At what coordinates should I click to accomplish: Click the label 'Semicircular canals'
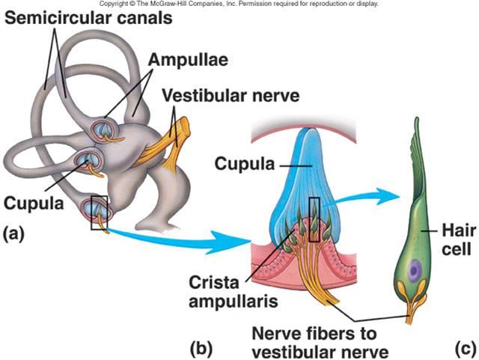pos(88,17)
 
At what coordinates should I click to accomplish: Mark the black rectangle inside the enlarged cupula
pos(314,219)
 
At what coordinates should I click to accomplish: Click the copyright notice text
pos(239,4)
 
